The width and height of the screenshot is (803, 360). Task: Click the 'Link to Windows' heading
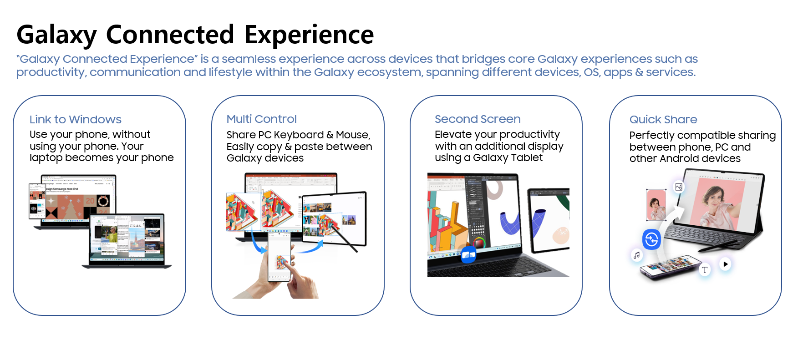coord(76,120)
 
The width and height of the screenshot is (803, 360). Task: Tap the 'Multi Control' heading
coord(262,119)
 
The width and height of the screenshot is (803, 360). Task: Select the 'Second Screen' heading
coord(478,119)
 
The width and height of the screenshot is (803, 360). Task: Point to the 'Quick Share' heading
coord(663,120)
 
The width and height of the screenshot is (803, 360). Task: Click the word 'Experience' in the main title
coord(309,35)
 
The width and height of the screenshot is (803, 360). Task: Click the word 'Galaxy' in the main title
coord(57,35)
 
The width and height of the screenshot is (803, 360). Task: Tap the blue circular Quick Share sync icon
coord(651,239)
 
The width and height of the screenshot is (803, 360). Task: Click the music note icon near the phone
coord(636,255)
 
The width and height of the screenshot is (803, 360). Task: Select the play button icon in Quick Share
coord(725,264)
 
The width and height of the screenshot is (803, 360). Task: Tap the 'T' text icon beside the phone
coord(704,269)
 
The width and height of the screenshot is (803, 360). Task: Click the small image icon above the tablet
coord(679,187)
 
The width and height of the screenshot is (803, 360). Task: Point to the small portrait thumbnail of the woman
coord(656,205)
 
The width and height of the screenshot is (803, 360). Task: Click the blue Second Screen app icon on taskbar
coord(468,255)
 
